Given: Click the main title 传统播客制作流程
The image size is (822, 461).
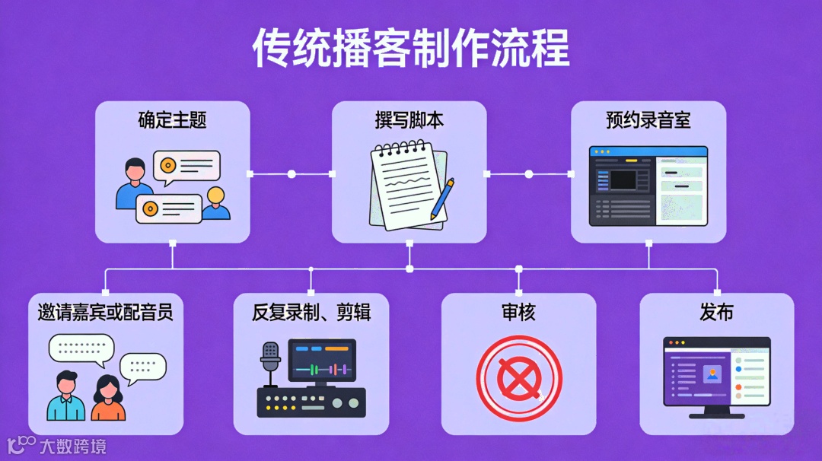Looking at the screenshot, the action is [411, 49].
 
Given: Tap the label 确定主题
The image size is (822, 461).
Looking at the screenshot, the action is [172, 120].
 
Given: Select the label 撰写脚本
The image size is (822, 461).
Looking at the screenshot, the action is [409, 120].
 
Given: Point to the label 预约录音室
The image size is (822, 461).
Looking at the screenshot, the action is [648, 120].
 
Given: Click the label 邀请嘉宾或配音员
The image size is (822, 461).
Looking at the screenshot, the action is [106, 312].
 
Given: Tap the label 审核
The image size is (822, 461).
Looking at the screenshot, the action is [518, 312].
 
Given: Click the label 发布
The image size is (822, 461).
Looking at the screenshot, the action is [716, 312].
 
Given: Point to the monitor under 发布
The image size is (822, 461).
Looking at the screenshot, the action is [716, 375].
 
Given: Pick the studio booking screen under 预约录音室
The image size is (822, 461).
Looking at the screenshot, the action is [648, 186].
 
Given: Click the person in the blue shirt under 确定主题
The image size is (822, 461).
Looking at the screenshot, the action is [134, 184].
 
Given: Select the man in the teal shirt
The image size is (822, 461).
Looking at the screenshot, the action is [66, 397].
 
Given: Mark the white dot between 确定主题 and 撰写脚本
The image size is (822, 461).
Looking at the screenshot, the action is [292, 174].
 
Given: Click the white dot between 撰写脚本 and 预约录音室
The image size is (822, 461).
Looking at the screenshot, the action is [529, 174].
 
